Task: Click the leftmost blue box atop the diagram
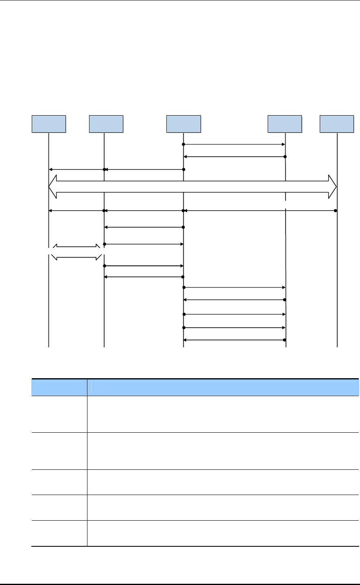49,124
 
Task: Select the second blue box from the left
106,124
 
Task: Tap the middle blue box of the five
184,124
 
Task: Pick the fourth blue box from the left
285,124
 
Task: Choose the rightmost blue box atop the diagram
337,124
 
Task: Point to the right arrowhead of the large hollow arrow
332,187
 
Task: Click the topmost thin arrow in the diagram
234,145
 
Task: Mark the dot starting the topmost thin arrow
184,145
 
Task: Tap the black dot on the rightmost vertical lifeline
336,210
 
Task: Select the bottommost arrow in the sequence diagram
234,340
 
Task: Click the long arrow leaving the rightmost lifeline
260,210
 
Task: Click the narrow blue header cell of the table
59,388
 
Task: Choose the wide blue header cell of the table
223,388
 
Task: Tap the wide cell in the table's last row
223,533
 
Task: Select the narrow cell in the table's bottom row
59,533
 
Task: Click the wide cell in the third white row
223,482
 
